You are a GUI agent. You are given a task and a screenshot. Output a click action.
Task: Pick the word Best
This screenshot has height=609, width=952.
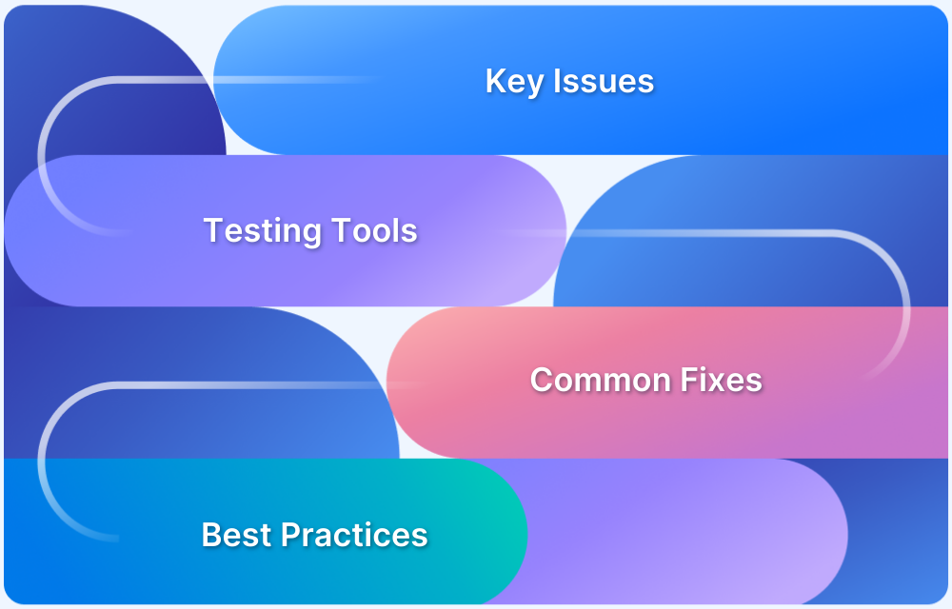point(229,535)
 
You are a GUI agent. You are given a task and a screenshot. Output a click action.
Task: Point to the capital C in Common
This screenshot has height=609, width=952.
point(541,381)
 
